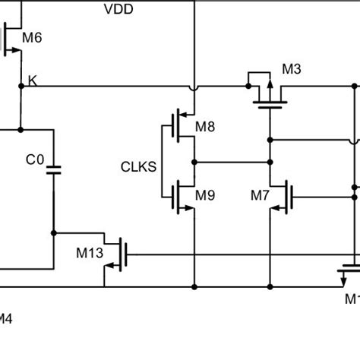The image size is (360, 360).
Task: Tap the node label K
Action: (32, 79)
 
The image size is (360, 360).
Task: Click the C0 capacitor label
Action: (35, 160)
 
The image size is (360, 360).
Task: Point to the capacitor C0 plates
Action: (53, 171)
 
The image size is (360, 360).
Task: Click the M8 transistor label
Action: (205, 127)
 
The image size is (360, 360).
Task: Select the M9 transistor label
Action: (205, 195)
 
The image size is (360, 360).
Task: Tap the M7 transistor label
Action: (260, 195)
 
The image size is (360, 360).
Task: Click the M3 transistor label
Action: (292, 70)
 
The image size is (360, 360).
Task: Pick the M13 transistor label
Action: (88, 251)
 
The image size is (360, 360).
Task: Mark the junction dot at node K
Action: (22, 86)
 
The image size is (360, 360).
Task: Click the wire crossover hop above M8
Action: (195, 86)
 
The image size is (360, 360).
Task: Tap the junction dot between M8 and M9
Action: (195, 162)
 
